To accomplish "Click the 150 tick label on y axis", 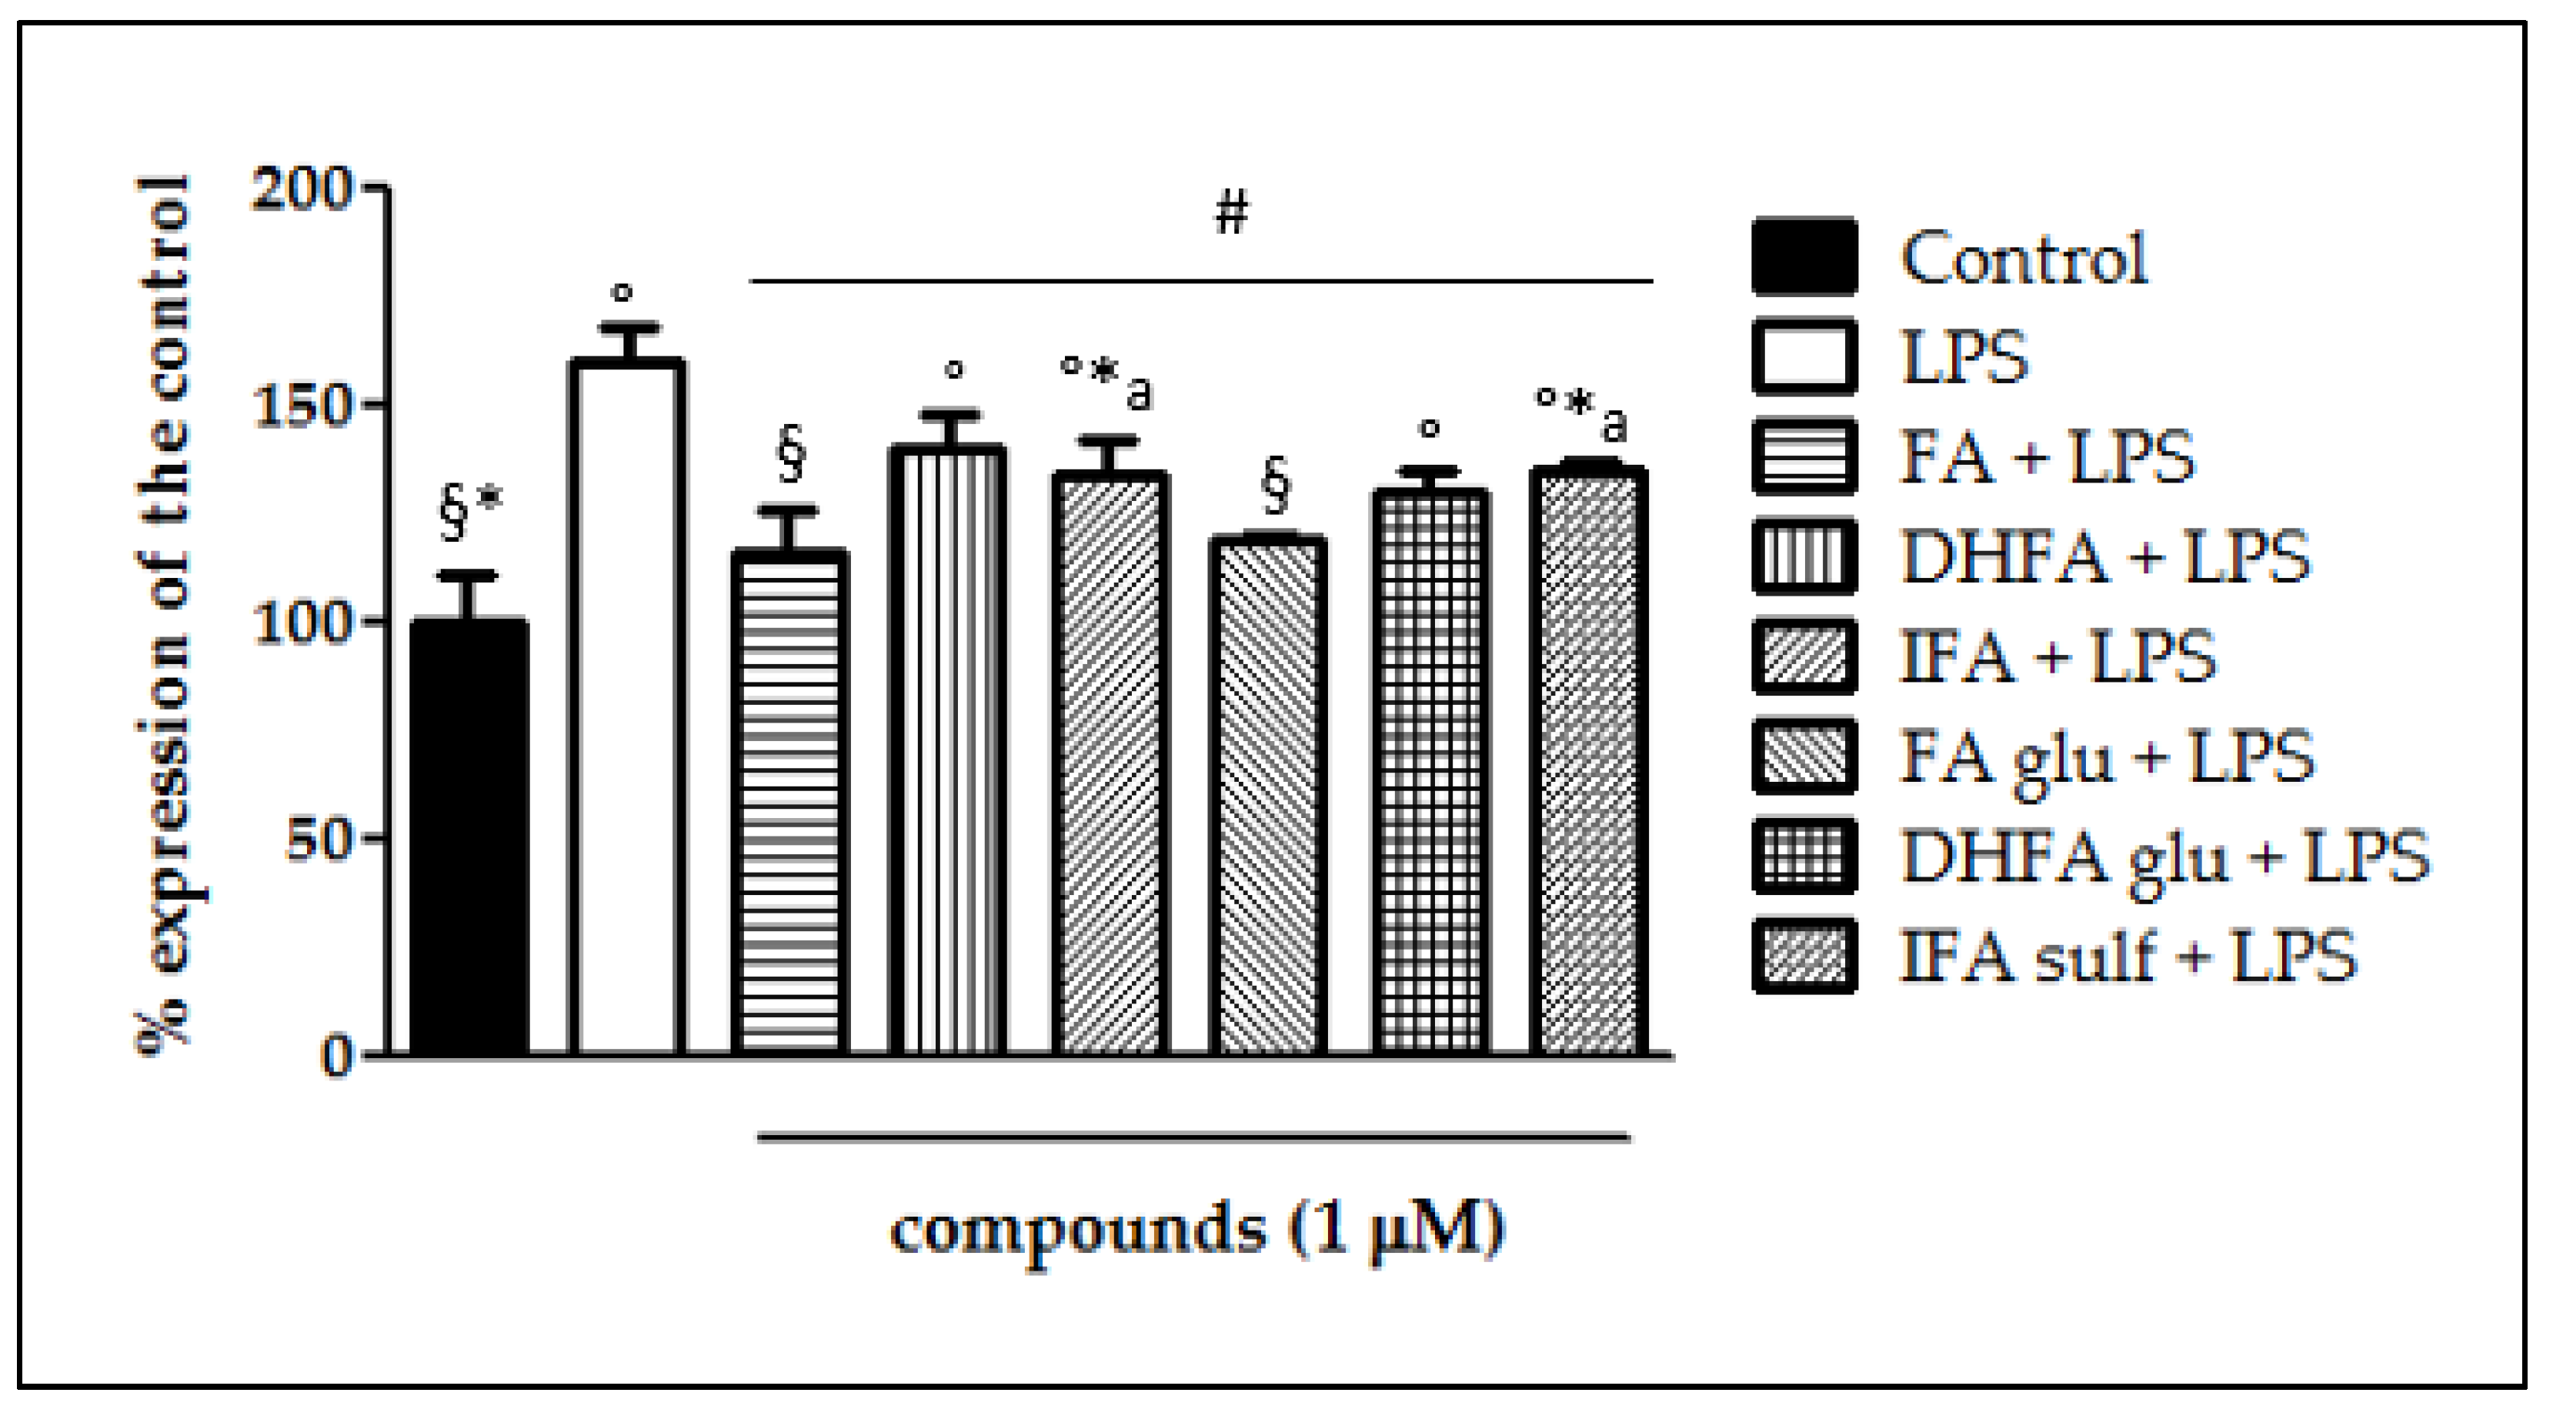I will tap(302, 406).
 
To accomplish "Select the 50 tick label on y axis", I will tap(317, 840).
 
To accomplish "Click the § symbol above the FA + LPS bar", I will tap(790, 454).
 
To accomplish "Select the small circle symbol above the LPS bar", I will tap(622, 292).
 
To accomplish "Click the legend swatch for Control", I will tap(1804, 258).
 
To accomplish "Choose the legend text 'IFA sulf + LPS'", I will tap(2127, 957).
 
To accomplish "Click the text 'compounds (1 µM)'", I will tap(1197, 1230).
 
